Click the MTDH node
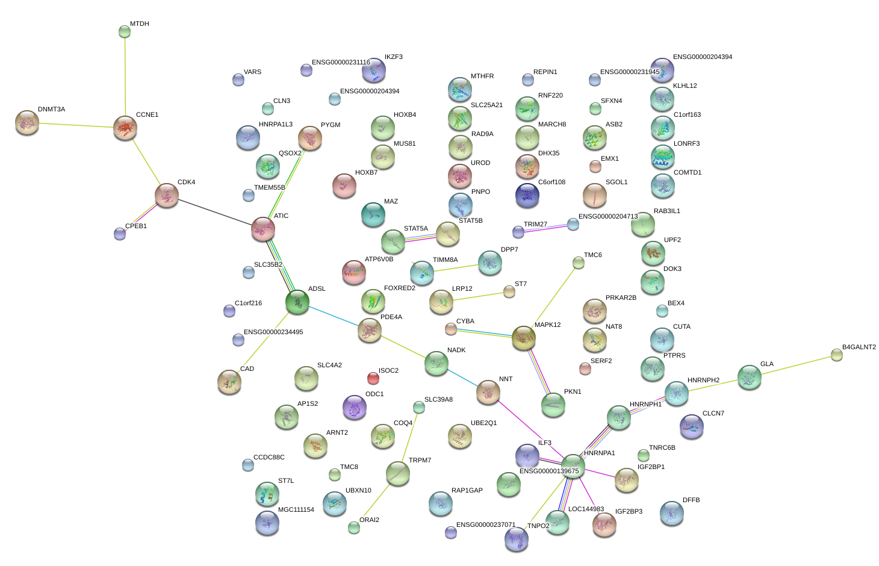125,31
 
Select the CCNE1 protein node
125,128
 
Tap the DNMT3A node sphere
26,122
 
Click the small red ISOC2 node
373,378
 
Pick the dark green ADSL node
297,302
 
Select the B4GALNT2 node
837,355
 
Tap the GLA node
750,377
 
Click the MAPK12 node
523,338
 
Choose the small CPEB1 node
120,234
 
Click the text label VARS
252,72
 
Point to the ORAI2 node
354,527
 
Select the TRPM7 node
397,473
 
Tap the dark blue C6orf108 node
527,194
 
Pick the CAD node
229,381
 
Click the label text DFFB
691,500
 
